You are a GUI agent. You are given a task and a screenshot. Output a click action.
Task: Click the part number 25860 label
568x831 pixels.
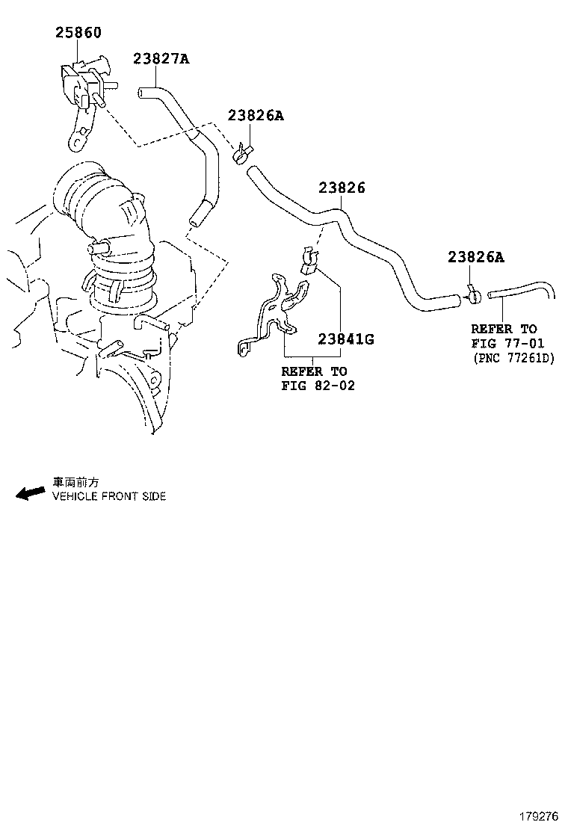(78, 33)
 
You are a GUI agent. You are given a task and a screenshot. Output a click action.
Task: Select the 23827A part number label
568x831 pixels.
(161, 58)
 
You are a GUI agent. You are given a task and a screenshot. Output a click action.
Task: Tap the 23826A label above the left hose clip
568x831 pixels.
(256, 116)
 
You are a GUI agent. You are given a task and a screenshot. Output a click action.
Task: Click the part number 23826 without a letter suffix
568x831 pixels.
(342, 188)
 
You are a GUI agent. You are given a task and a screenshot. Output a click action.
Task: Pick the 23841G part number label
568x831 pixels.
(345, 339)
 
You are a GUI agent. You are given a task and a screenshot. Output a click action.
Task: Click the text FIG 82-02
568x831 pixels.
(318, 386)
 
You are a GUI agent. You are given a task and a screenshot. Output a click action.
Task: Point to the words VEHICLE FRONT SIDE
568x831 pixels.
(108, 496)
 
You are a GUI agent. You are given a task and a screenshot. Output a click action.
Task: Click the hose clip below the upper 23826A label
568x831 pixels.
(241, 155)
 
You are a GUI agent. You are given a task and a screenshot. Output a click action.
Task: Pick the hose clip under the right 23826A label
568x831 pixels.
(472, 296)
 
